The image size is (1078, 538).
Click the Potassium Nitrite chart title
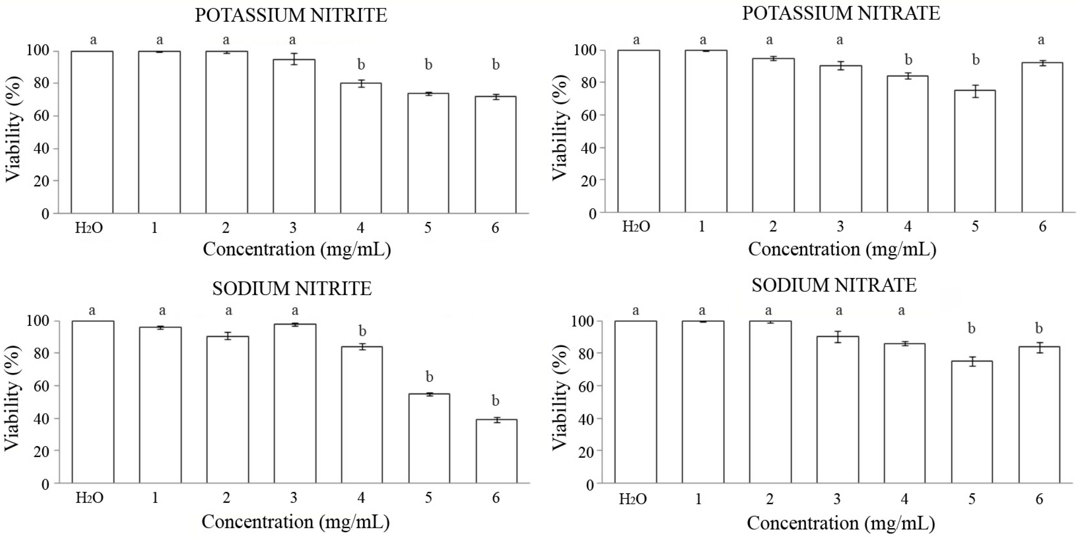click(x=291, y=16)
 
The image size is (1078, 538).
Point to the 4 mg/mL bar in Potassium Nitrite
click(x=361, y=148)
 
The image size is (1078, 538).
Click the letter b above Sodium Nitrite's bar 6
click(x=495, y=401)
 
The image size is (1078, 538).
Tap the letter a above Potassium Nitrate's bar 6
click(x=1041, y=40)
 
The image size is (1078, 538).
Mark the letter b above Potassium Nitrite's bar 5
click(x=428, y=65)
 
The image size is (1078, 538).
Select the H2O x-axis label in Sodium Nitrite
click(x=89, y=498)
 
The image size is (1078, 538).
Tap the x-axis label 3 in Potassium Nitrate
click(x=840, y=226)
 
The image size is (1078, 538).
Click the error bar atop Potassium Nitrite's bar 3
click(x=294, y=59)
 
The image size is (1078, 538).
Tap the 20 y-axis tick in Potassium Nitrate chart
click(x=587, y=181)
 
